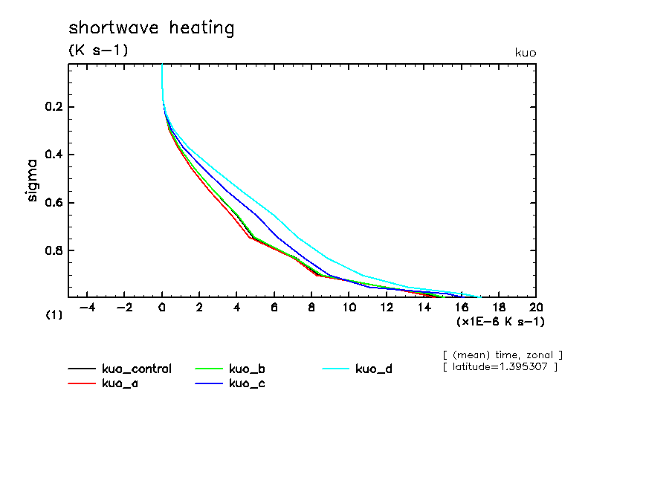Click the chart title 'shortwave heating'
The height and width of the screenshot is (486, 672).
click(x=151, y=28)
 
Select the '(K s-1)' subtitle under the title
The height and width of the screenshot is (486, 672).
click(x=98, y=51)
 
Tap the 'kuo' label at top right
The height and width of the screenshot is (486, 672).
click(x=525, y=53)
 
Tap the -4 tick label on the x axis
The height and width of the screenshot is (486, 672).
click(x=87, y=308)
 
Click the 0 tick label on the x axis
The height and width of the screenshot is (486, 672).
click(x=162, y=308)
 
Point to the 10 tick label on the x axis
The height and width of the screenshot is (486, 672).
click(x=349, y=308)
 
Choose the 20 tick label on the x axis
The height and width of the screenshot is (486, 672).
click(x=535, y=308)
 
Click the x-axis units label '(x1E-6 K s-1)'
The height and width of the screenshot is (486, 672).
click(x=500, y=321)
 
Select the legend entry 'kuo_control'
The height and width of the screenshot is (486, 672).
click(x=136, y=369)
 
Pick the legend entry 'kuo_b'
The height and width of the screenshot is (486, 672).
click(x=248, y=369)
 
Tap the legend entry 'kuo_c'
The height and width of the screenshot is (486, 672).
click(x=248, y=383)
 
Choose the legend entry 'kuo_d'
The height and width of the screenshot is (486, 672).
click(x=374, y=369)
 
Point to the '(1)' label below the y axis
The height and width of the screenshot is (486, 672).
click(x=54, y=315)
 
